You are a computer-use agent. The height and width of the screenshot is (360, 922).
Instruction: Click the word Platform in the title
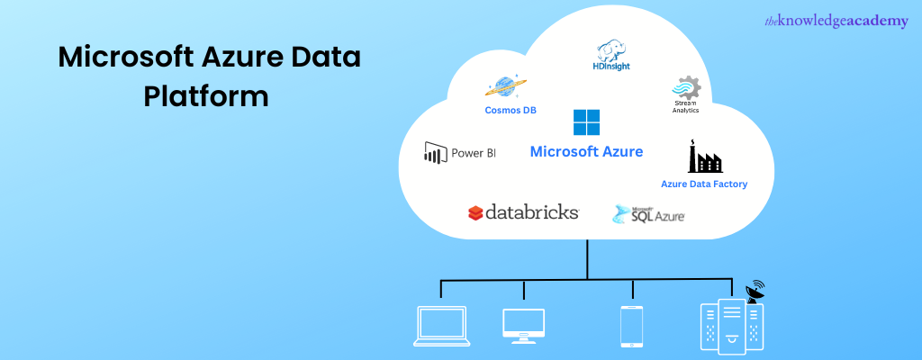coord(206,95)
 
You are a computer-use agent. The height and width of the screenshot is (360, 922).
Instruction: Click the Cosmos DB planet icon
coord(505,87)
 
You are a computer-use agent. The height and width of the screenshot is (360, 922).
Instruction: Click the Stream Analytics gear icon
coord(685,88)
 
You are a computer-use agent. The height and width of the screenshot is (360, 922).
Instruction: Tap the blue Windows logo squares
coord(586,122)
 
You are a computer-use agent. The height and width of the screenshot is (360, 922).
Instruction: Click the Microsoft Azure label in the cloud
coord(586,151)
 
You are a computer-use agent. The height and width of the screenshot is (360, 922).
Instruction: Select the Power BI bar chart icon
coord(436,153)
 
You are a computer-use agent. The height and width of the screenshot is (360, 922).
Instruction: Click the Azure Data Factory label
coord(704,184)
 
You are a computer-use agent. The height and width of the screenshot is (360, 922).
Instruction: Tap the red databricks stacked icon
coord(475,213)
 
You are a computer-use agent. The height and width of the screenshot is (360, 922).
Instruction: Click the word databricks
coord(532,213)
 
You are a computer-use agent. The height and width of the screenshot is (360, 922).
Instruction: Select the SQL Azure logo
coord(649,214)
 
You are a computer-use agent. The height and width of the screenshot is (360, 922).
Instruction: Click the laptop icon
coord(440,325)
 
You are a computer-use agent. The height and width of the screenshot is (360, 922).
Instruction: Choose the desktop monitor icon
coord(523,325)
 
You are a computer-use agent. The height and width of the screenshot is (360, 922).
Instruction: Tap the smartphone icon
coord(631,325)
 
